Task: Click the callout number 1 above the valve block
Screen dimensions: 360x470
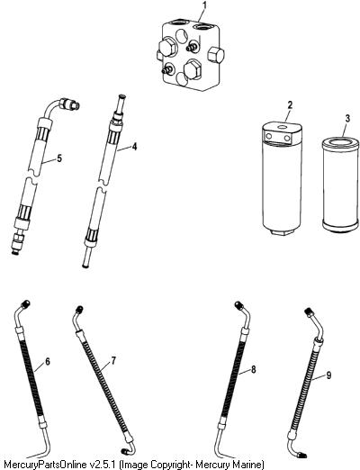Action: pyautogui.click(x=204, y=5)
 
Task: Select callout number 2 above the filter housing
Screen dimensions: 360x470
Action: pyautogui.click(x=290, y=105)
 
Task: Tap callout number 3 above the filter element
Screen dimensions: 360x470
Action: pyautogui.click(x=347, y=118)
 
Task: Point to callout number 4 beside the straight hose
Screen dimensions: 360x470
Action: pyautogui.click(x=134, y=147)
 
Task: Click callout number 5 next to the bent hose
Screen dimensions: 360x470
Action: pyautogui.click(x=59, y=158)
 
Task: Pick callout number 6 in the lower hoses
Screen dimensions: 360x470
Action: pyautogui.click(x=48, y=362)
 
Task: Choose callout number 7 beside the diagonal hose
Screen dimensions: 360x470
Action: pyautogui.click(x=113, y=361)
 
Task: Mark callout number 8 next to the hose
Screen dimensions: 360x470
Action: pyautogui.click(x=254, y=369)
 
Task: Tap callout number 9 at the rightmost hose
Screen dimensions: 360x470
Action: pyautogui.click(x=328, y=375)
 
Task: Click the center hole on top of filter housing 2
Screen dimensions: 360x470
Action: pyautogui.click(x=282, y=127)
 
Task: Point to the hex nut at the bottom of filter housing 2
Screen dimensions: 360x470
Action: pyautogui.click(x=282, y=231)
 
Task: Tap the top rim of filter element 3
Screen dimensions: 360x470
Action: pyautogui.click(x=340, y=140)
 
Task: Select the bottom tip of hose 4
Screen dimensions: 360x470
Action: pyautogui.click(x=85, y=266)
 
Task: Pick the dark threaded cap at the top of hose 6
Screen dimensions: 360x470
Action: pyautogui.click(x=25, y=303)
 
